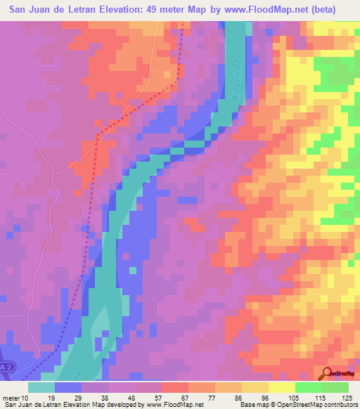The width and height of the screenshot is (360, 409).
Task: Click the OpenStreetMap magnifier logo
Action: [327, 374]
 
